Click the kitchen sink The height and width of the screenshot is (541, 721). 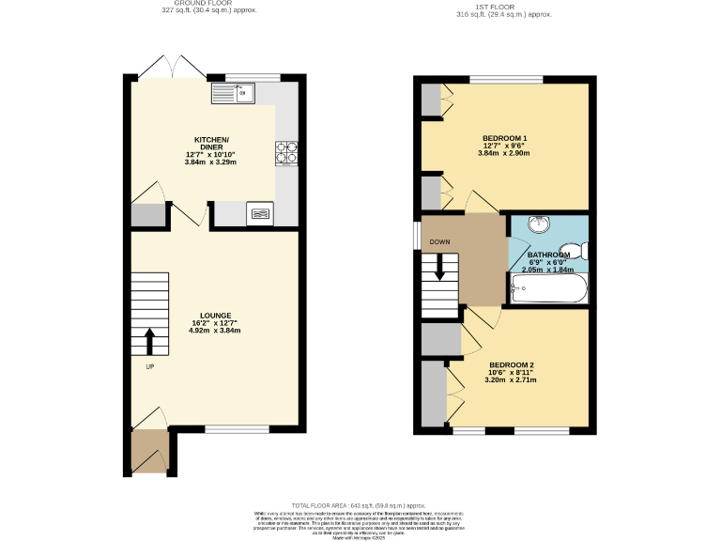(234, 92)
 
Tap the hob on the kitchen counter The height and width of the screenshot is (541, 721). (286, 151)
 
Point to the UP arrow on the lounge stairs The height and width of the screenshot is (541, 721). (149, 340)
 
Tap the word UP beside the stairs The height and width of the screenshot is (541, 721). (149, 366)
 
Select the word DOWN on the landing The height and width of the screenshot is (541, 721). (439, 241)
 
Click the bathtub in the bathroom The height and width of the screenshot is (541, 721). (548, 288)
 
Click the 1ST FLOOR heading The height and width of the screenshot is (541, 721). (504, 7)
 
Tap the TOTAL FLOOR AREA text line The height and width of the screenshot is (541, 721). (365, 504)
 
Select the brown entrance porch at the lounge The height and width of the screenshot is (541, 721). (148, 452)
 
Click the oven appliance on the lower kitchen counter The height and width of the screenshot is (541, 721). (260, 213)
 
